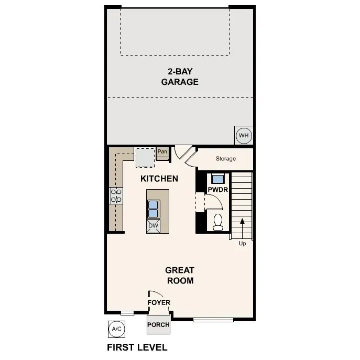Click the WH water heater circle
244,136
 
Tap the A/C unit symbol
116,329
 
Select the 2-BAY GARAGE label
180,77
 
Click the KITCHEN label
159,179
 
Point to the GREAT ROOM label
180,275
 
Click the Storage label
225,158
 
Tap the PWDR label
217,190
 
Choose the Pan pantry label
162,152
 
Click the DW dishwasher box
153,226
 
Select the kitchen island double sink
154,209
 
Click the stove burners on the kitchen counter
116,196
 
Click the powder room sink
217,178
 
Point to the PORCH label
158,325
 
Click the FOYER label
159,302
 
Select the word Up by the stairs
242,243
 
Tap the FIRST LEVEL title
137,347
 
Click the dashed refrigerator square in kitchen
145,157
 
